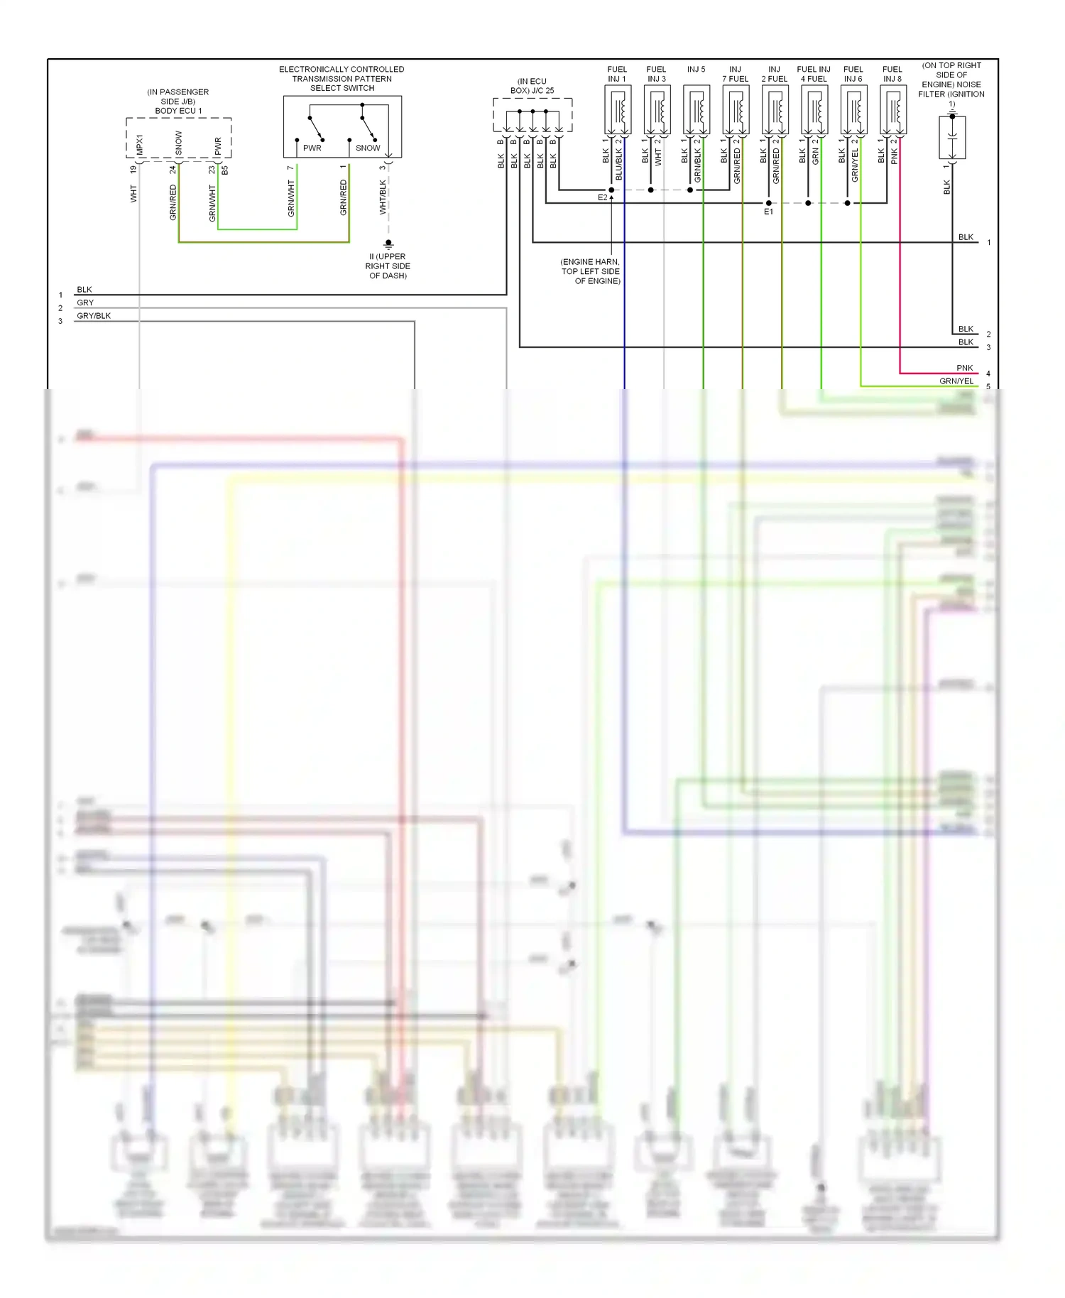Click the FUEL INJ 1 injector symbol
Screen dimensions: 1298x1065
[x=618, y=110]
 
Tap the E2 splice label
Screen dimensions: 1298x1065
[x=602, y=197]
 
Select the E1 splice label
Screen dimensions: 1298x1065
[x=768, y=212]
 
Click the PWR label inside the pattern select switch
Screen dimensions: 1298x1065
[x=312, y=148]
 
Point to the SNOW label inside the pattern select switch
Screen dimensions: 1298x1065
[x=368, y=148]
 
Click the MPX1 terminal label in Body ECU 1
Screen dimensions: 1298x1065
[x=140, y=145]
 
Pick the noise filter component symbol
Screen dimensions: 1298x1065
[x=952, y=136]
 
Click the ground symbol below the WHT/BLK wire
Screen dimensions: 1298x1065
[x=388, y=244]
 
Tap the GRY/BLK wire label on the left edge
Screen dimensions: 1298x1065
[x=94, y=316]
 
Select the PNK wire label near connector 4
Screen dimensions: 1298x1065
[x=964, y=368]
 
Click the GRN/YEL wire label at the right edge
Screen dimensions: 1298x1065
[x=956, y=381]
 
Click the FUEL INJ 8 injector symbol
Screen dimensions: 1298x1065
[x=892, y=110]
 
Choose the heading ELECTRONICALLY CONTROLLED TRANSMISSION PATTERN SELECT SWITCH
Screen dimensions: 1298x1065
[x=342, y=79]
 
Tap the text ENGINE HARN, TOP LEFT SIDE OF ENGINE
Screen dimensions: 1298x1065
[x=591, y=271]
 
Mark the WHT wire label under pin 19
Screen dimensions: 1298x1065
[x=133, y=193]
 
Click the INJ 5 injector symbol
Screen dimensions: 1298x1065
[x=697, y=110]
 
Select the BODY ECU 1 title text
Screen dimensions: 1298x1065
[x=178, y=111]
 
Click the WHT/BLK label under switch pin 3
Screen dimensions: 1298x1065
[x=383, y=197]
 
